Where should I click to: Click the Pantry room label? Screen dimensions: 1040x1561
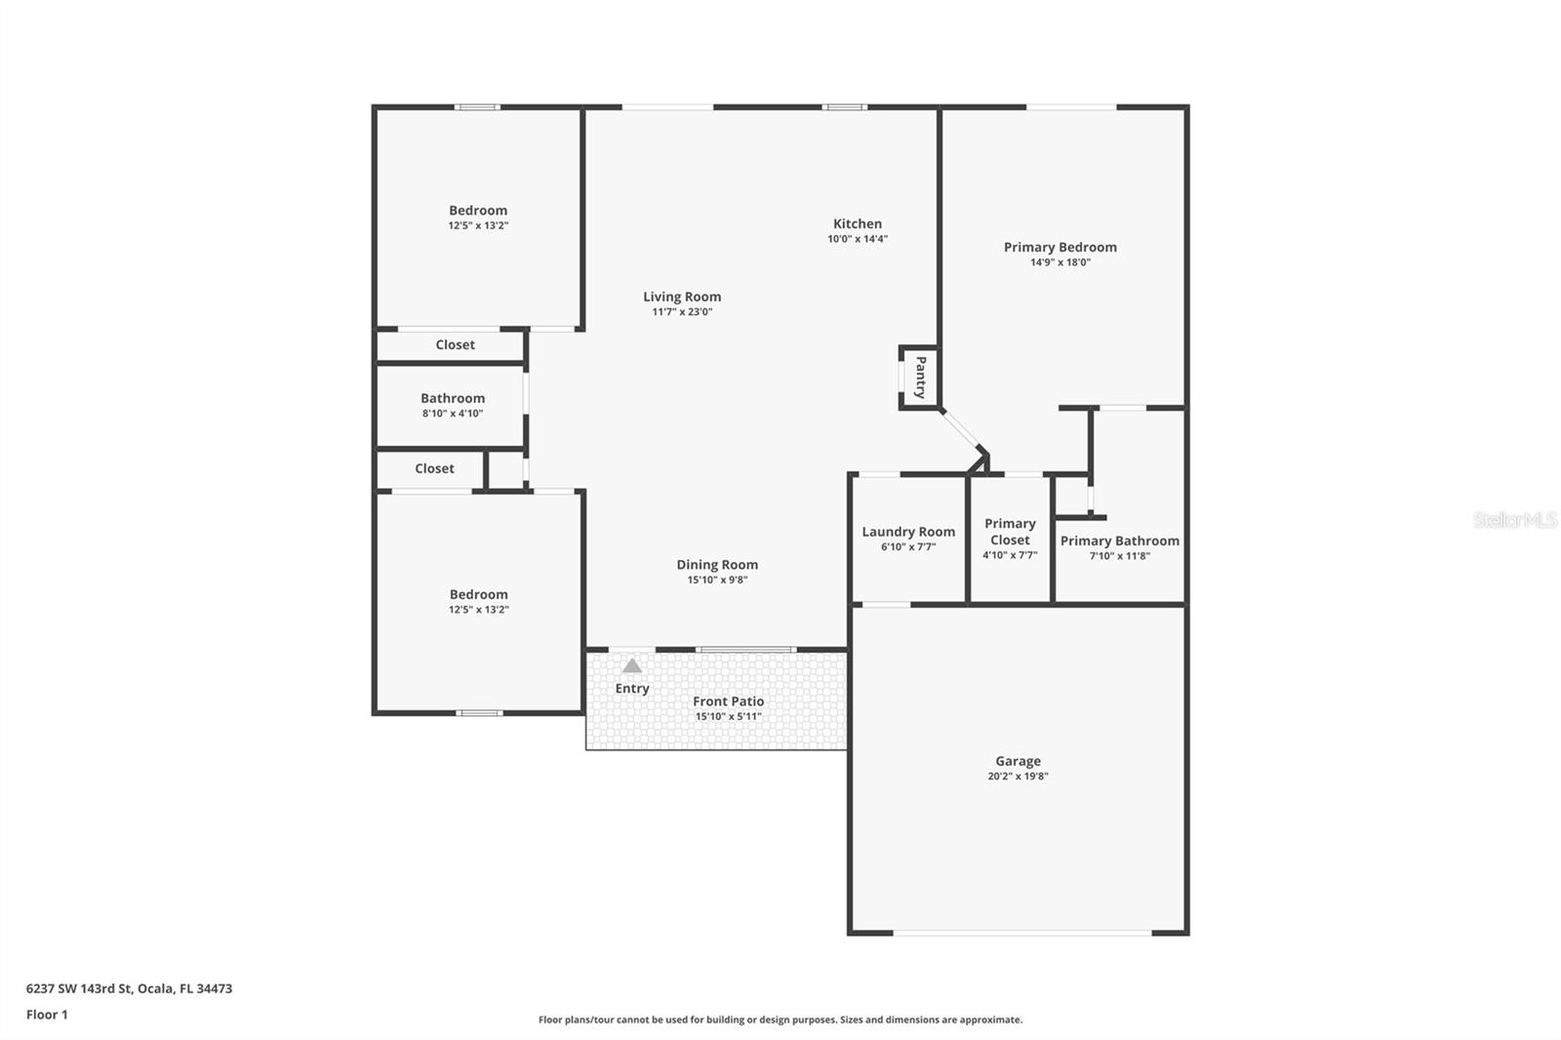[x=920, y=377]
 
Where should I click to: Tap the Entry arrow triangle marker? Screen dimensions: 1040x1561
[x=632, y=666]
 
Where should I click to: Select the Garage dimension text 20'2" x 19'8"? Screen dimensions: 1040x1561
[x=1018, y=777]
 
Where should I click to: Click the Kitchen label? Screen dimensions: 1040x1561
[x=858, y=223]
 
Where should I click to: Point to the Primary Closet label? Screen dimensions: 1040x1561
[x=1010, y=532]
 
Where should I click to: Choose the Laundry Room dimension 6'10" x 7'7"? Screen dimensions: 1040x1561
[x=908, y=547]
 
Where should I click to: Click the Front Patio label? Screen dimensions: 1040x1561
[x=728, y=701]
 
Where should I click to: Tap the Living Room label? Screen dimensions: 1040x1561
[x=682, y=297]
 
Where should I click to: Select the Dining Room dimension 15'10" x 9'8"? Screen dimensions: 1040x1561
[x=717, y=580]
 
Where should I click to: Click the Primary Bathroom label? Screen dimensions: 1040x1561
[x=1119, y=540]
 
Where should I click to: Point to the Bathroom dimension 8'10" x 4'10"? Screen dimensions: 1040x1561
[x=453, y=414]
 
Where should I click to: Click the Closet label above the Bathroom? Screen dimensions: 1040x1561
[x=455, y=344]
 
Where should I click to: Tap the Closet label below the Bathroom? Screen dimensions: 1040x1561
[x=434, y=468]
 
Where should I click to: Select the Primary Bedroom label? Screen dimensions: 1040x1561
[x=1060, y=247]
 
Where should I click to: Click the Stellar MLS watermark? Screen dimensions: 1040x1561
[x=1514, y=520]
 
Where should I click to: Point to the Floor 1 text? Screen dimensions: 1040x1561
[x=47, y=1015]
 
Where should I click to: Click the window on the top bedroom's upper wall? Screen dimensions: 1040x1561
[x=478, y=106]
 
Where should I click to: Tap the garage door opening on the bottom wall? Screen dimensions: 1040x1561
[x=1021, y=933]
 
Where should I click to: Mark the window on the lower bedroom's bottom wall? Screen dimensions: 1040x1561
[x=480, y=713]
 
